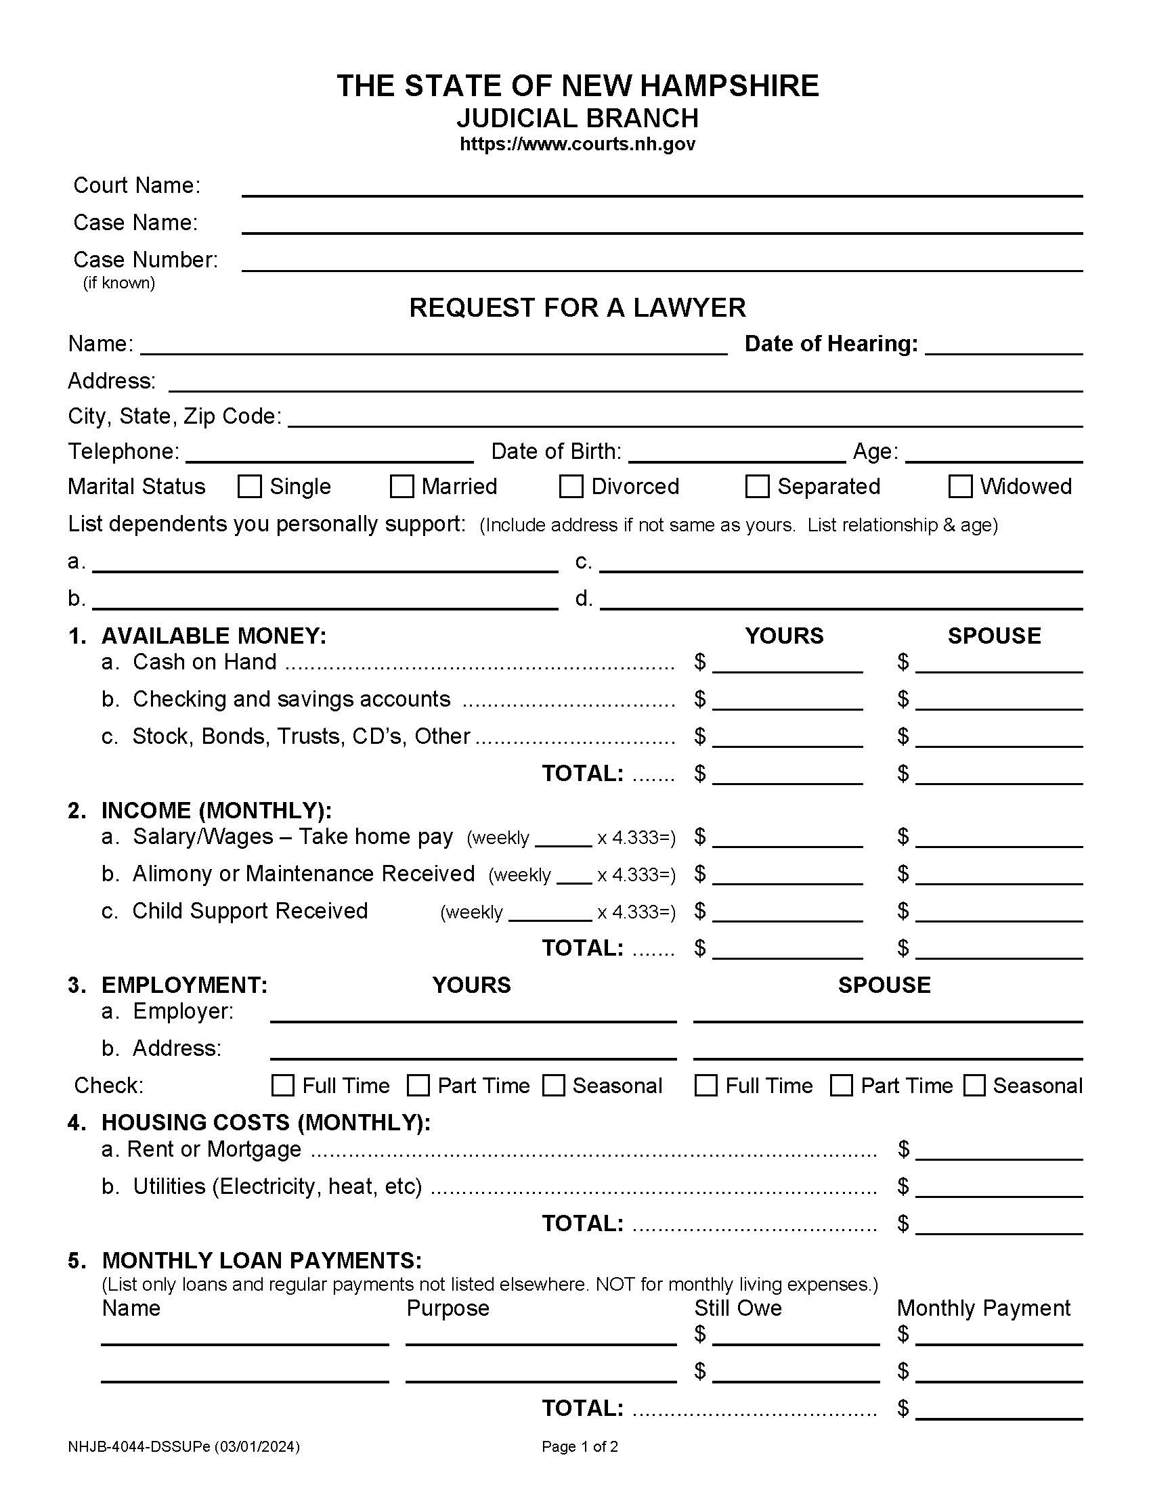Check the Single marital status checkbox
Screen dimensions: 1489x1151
pos(250,486)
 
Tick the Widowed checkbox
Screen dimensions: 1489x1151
pos(960,486)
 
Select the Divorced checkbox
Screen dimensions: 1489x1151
pos(571,486)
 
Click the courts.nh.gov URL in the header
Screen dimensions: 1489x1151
pos(577,144)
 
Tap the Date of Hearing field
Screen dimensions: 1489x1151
pos(1003,345)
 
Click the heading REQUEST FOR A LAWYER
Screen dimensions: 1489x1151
pos(577,307)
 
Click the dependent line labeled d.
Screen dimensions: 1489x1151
pos(841,600)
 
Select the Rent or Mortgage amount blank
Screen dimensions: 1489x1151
pos(998,1151)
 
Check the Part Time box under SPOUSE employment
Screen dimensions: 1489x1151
pos(841,1086)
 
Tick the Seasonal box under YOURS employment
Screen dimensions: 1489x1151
pos(553,1086)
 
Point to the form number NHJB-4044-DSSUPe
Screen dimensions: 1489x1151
pos(183,1447)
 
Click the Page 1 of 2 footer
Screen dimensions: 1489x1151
pos(580,1447)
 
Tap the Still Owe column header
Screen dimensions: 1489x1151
pos(737,1308)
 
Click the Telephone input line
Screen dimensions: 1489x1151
pos(328,453)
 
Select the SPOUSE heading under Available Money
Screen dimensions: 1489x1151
pos(993,636)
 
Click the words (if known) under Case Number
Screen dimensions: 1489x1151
pos(118,283)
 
